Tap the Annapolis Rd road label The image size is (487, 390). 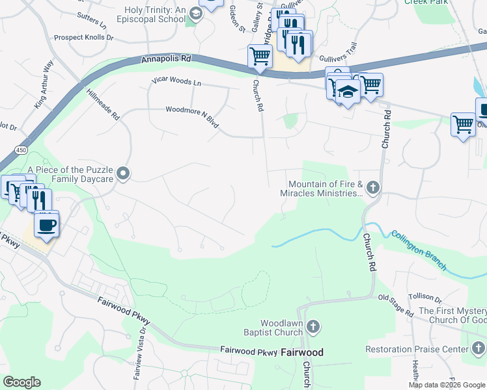coord(166,59)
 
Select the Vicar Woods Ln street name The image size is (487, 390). coord(176,82)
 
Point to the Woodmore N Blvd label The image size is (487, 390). coord(192,115)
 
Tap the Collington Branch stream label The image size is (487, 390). coord(419,250)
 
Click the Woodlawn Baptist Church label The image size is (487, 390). coord(281,328)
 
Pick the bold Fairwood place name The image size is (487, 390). coord(301,353)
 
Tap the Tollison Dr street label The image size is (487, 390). coord(425,298)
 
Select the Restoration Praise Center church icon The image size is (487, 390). coord(477,350)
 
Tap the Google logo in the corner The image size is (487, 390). coord(21,382)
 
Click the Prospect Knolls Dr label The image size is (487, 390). coord(83,38)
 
